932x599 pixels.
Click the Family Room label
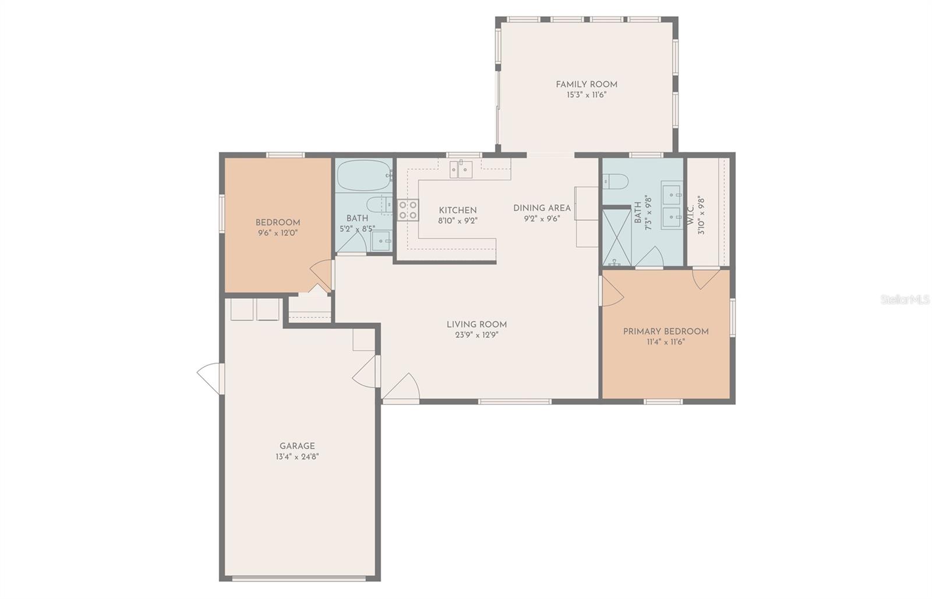(x=586, y=84)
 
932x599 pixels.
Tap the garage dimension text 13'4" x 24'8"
(x=297, y=457)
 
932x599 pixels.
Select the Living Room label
(x=476, y=325)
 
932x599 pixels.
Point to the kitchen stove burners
(x=408, y=210)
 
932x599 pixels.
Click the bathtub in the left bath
(x=363, y=175)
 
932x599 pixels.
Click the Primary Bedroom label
(x=666, y=332)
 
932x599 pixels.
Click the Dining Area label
(x=542, y=208)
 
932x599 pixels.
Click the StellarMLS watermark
(x=905, y=299)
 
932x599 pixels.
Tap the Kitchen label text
(x=457, y=210)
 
